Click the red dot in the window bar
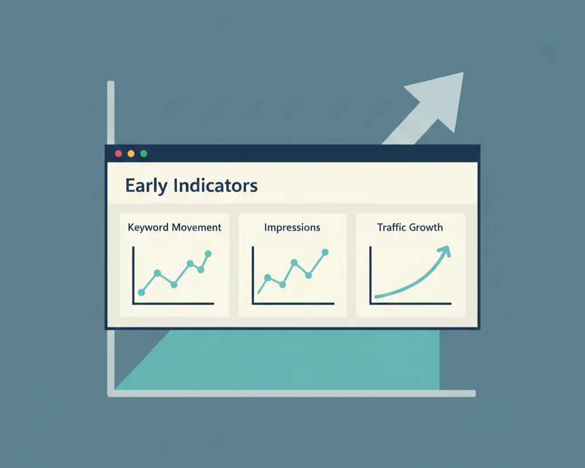pyautogui.click(x=118, y=154)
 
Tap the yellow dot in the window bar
pyautogui.click(x=131, y=154)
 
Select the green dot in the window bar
pyautogui.click(x=143, y=154)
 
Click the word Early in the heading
pyautogui.click(x=146, y=186)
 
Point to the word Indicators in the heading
pyautogui.click(x=215, y=186)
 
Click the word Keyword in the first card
pyautogui.click(x=149, y=227)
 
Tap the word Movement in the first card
pyautogui.click(x=197, y=227)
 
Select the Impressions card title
pyautogui.click(x=292, y=227)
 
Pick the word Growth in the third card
pyautogui.click(x=427, y=227)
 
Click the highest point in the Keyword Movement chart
pyautogui.click(x=208, y=254)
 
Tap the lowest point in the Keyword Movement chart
pyautogui.click(x=141, y=293)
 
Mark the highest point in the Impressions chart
pyautogui.click(x=325, y=252)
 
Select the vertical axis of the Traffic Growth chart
pyautogui.click(x=371, y=274)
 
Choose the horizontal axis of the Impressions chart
pyautogui.click(x=292, y=303)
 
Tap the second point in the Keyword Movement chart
pyautogui.click(x=157, y=273)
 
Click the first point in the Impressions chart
pyautogui.click(x=267, y=278)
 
